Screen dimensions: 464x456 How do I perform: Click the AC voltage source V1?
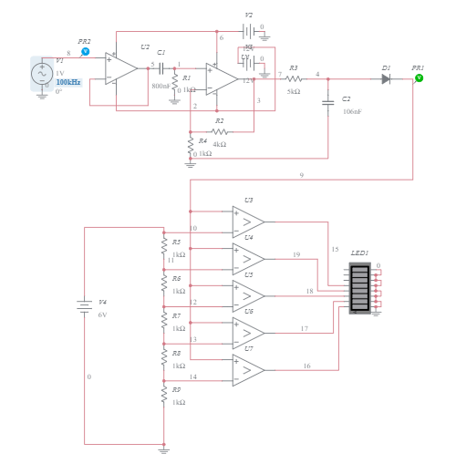[42, 74]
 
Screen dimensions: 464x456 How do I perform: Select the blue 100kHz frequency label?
[67, 82]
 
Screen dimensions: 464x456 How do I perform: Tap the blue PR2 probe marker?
[85, 53]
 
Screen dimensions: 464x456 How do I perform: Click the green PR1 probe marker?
[419, 78]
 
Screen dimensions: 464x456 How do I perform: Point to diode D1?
[386, 79]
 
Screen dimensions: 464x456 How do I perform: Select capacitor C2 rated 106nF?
[327, 103]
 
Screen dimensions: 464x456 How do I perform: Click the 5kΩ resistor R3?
[293, 79]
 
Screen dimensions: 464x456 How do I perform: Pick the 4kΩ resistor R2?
[218, 131]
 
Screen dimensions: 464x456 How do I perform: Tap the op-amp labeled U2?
[119, 67]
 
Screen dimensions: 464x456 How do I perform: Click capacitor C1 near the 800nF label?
[161, 67]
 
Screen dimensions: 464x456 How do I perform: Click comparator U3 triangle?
[248, 222]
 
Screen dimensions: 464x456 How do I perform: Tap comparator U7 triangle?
[248, 369]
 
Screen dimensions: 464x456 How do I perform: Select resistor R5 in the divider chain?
[164, 246]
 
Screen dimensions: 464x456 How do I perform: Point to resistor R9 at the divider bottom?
[164, 395]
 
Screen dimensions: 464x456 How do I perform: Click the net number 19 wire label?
[295, 255]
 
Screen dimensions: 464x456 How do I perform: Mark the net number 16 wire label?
[306, 366]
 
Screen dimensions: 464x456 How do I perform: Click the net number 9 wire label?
[301, 174]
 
